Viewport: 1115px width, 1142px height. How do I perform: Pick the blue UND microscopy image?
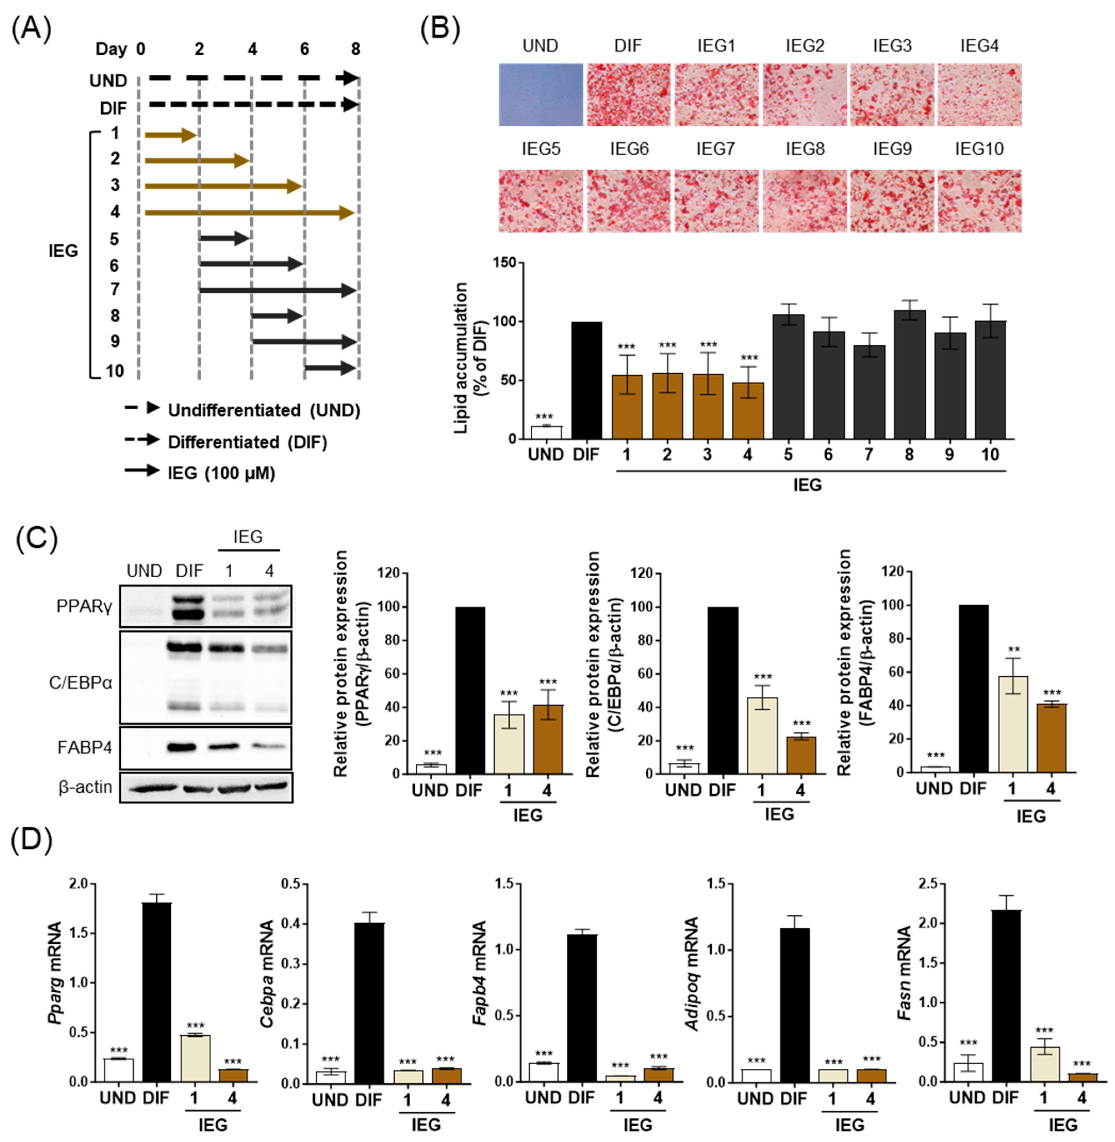click(x=540, y=95)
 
